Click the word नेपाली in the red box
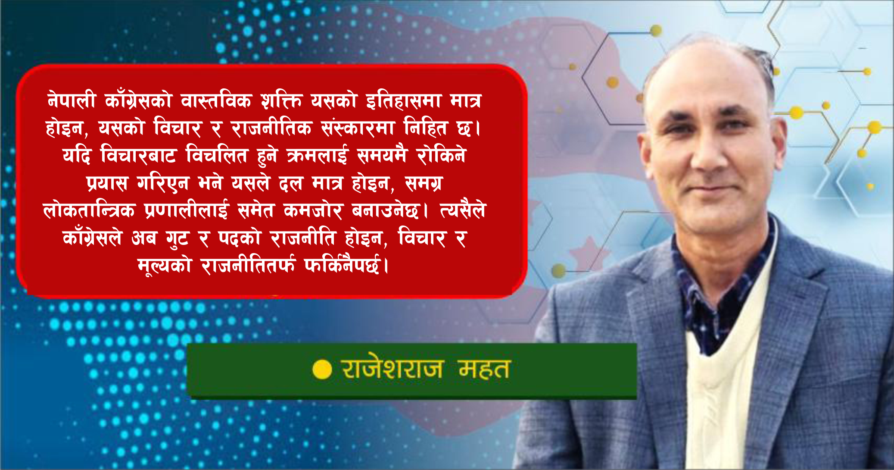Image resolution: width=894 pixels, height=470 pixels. click(71, 101)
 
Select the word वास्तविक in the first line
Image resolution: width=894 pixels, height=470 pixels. click(216, 101)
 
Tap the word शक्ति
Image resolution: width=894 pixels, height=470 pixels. click(282, 101)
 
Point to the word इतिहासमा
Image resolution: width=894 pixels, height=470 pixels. click(404, 101)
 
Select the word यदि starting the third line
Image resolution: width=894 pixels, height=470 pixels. click(77, 155)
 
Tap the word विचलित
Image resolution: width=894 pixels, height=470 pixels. click(217, 155)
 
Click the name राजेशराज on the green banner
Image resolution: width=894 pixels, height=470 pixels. click(392, 369)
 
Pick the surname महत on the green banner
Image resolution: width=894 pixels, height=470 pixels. click(484, 369)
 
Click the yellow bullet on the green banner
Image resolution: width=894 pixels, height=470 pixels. click(322, 370)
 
